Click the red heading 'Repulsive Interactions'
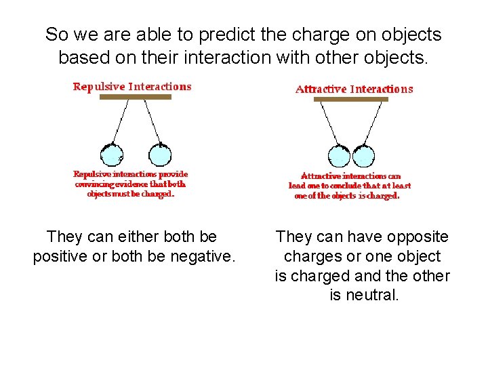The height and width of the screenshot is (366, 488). [x=132, y=87]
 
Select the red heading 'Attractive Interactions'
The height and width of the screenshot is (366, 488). [x=354, y=89]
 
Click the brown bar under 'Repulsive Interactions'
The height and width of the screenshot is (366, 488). [x=136, y=98]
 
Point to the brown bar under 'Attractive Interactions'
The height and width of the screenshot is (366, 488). [x=351, y=100]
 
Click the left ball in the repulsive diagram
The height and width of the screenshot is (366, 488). [x=111, y=154]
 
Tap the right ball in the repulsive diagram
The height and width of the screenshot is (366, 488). [x=160, y=154]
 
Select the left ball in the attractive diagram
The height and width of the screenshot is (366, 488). [x=339, y=155]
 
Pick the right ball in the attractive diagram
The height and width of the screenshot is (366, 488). [x=363, y=155]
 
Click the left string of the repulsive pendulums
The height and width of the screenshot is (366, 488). [x=121, y=121]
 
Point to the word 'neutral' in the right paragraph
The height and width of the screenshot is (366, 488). [x=372, y=296]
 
